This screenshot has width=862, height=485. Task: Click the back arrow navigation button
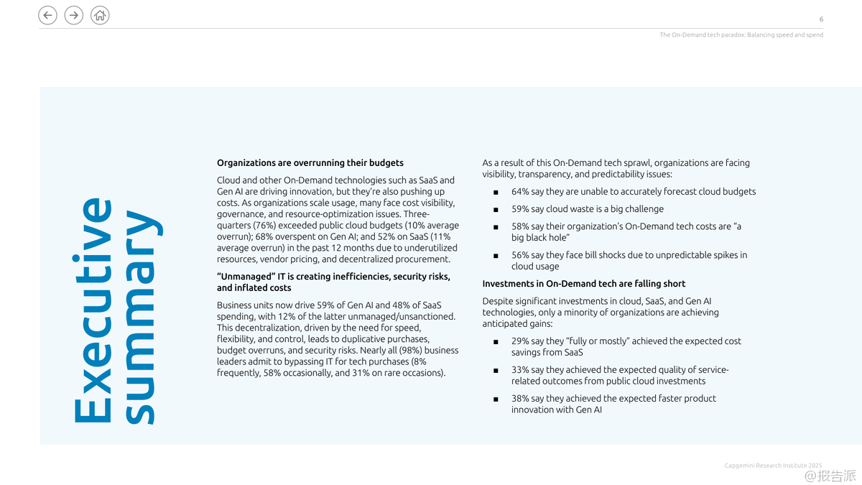(x=47, y=15)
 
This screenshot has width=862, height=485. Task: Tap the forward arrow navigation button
(x=74, y=15)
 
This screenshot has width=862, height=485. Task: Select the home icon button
(x=101, y=15)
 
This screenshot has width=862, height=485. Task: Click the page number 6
(x=821, y=19)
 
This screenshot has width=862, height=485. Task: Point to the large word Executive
(x=93, y=310)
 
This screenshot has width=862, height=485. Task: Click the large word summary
(x=140, y=317)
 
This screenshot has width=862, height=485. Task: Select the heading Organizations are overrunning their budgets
(x=310, y=163)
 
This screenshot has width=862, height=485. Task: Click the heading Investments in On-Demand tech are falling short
(x=583, y=284)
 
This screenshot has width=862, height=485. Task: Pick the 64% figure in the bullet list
(x=520, y=192)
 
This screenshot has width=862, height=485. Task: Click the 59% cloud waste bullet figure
(x=520, y=209)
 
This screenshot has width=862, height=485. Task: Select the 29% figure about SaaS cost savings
(x=520, y=341)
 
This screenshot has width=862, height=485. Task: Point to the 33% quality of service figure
(x=520, y=370)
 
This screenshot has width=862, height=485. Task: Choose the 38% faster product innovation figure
(x=520, y=399)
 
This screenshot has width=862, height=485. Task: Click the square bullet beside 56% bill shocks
(x=496, y=256)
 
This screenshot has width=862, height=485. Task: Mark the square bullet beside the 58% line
(x=496, y=227)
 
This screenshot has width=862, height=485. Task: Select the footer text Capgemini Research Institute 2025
(x=773, y=466)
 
